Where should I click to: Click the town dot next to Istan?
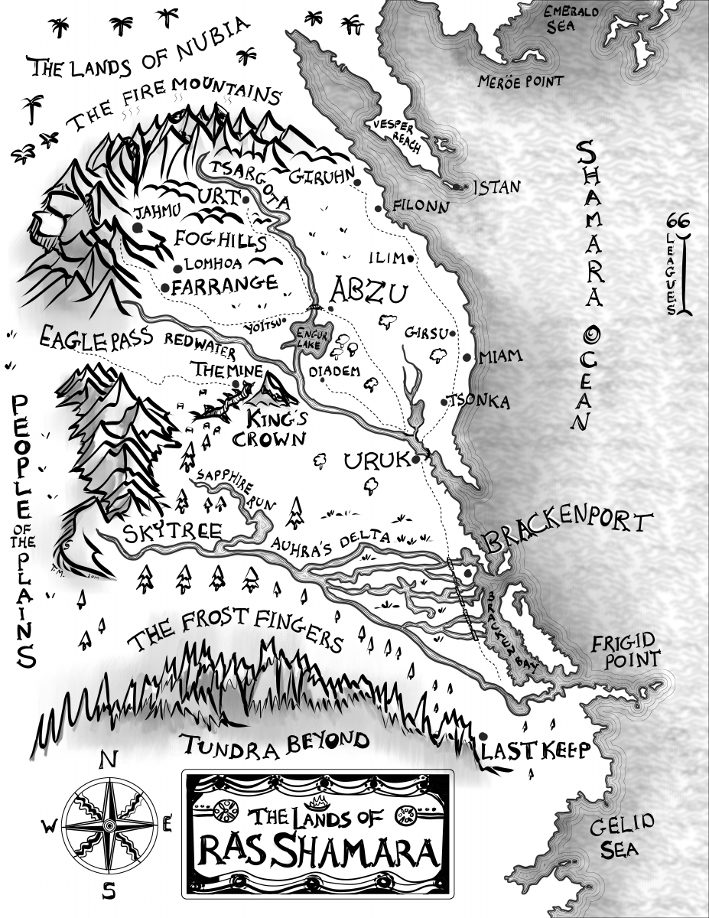point(457,187)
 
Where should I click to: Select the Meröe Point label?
point(520,81)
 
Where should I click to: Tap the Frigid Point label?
point(625,649)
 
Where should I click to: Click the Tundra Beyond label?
point(275,741)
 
